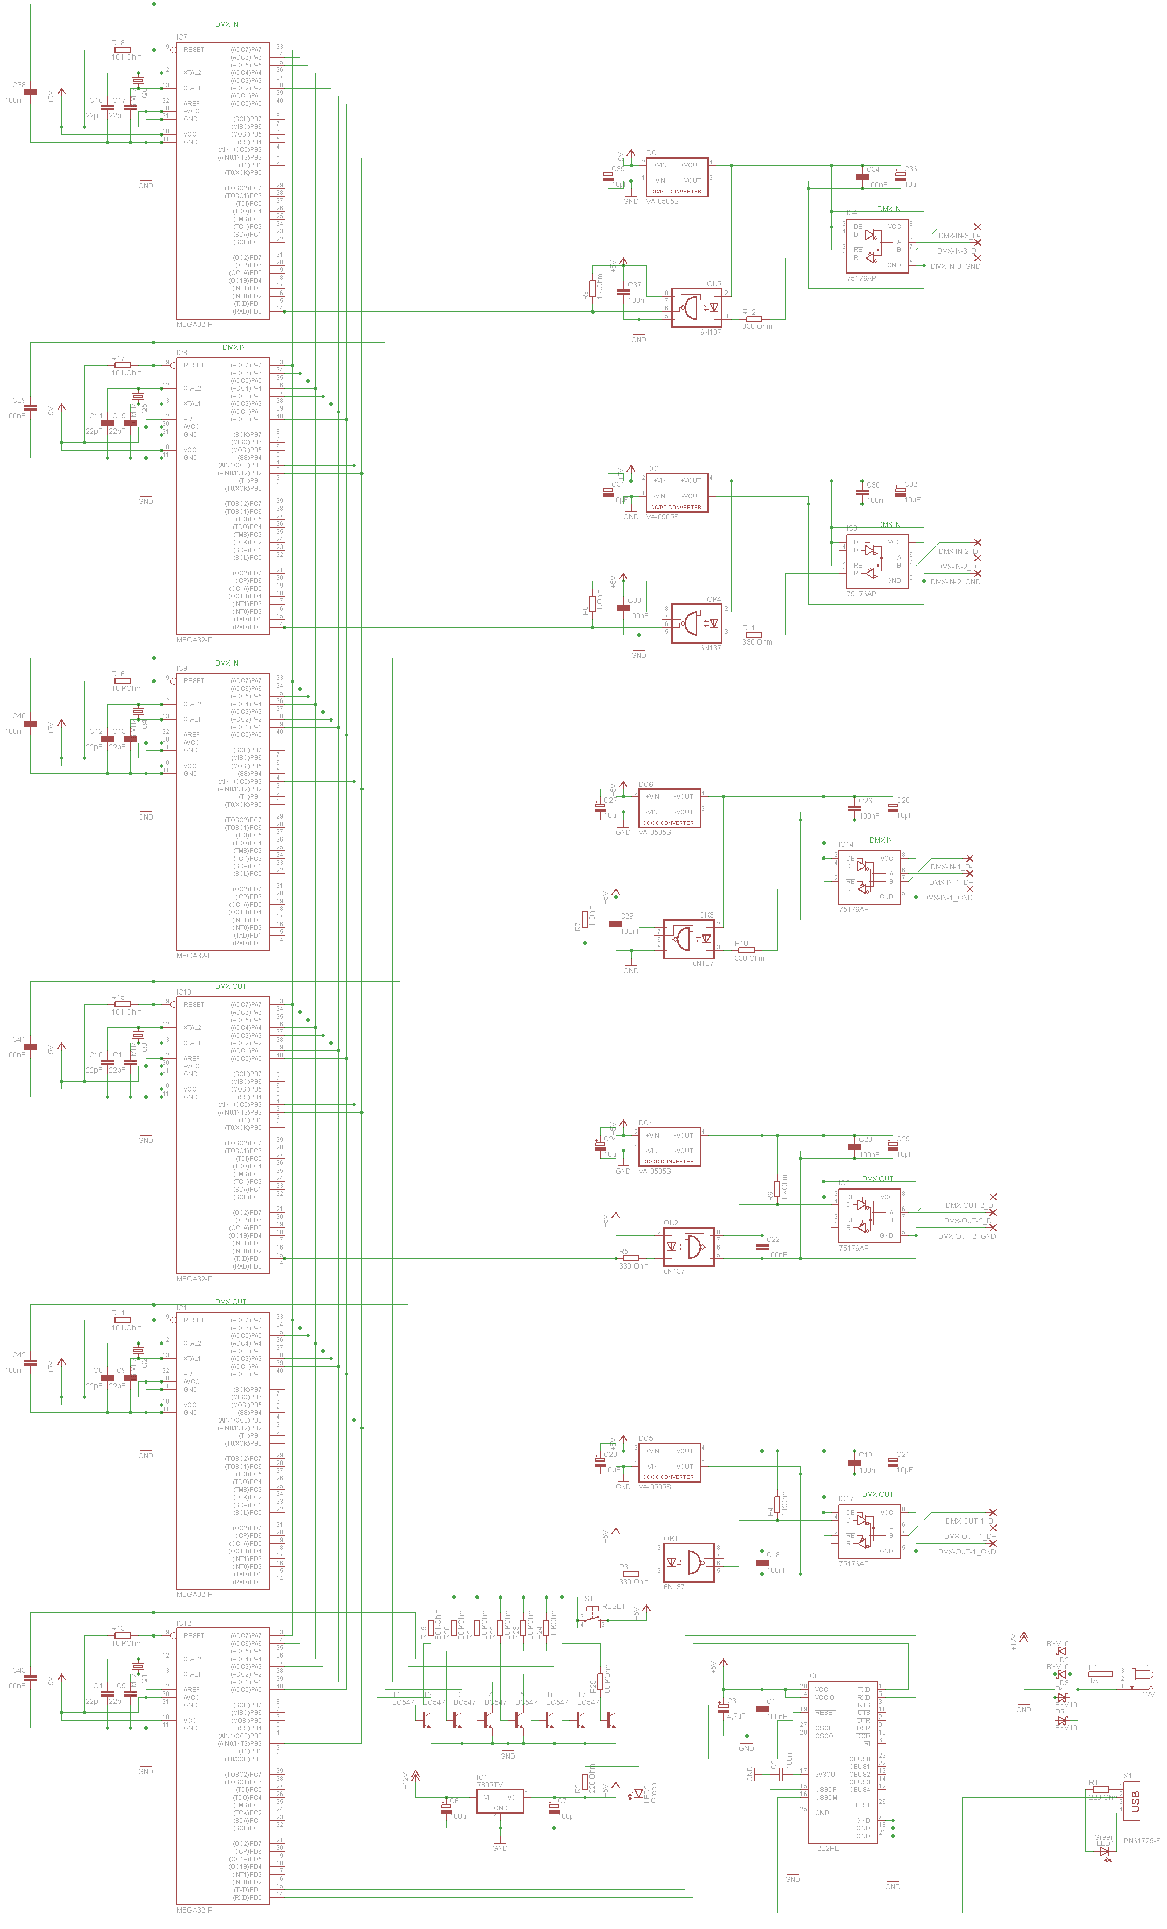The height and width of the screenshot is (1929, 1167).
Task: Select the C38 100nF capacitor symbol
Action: [x=30, y=92]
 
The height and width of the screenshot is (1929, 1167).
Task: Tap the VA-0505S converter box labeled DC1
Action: [x=677, y=178]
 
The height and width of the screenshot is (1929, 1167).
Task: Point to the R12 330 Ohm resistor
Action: [x=754, y=319]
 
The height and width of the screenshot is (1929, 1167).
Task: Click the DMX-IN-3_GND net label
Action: [x=955, y=266]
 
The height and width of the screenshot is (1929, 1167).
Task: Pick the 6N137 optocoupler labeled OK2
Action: [x=688, y=1246]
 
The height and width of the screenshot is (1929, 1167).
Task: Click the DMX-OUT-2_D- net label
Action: [x=969, y=1205]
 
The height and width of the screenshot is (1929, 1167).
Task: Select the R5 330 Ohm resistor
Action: [x=630, y=1258]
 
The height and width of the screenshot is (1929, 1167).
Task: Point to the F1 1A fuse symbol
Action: [x=1100, y=1674]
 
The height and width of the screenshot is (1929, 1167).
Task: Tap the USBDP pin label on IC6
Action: [x=826, y=1789]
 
